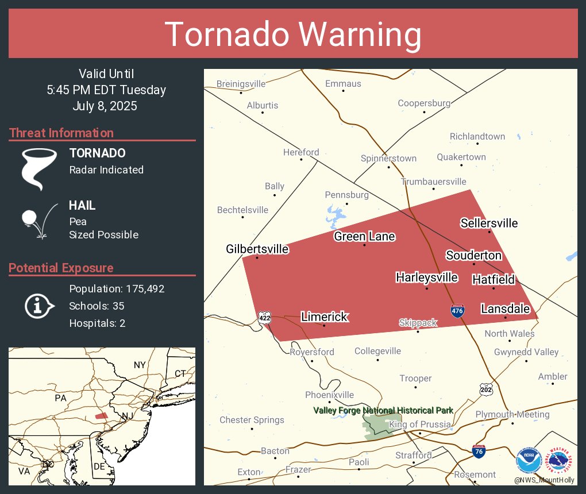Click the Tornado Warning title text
click(x=293, y=34)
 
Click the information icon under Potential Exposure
click(x=38, y=306)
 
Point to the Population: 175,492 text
click(x=117, y=289)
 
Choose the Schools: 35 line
click(x=97, y=306)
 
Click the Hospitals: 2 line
click(x=97, y=323)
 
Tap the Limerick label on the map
click(x=325, y=317)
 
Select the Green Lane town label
click(x=364, y=237)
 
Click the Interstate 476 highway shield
click(x=457, y=310)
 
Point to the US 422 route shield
click(x=264, y=317)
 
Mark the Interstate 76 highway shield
click(x=478, y=451)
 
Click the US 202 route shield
click(x=486, y=390)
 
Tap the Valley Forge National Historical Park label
click(x=383, y=410)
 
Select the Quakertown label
click(x=461, y=157)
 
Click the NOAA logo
click(x=529, y=461)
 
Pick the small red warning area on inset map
click(x=101, y=415)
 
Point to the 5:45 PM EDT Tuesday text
click(x=106, y=90)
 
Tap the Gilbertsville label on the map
click(x=257, y=249)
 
